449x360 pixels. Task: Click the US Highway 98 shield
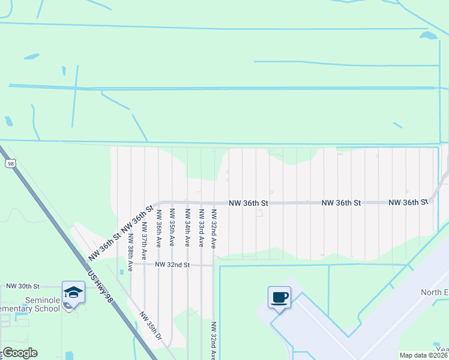click(10, 163)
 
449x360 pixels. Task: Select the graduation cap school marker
click(73, 293)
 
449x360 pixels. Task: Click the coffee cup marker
click(280, 297)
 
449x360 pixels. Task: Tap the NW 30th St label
click(23, 287)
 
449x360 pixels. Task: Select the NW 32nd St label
click(172, 264)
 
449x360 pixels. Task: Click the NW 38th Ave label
click(129, 256)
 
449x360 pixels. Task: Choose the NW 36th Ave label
click(158, 228)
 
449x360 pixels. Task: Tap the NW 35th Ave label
click(172, 228)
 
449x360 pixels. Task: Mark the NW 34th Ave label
click(187, 228)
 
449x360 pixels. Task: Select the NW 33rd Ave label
click(201, 228)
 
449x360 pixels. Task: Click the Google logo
click(19, 353)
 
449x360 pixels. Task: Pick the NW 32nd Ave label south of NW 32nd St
click(213, 340)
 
